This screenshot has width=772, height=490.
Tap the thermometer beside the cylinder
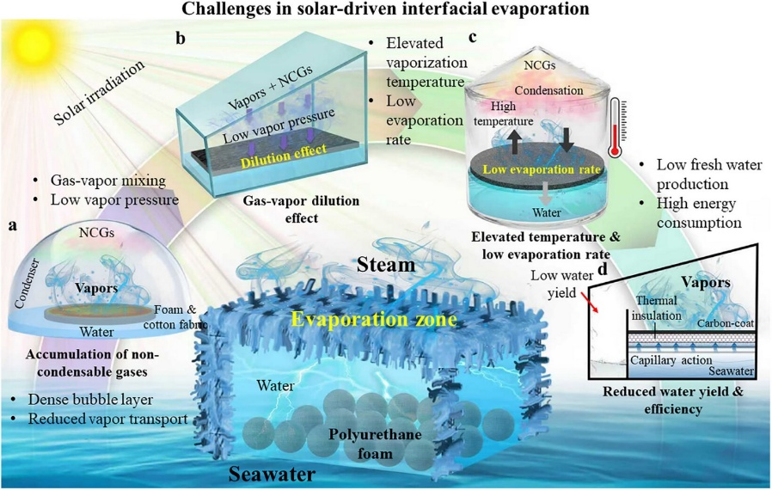click(x=616, y=128)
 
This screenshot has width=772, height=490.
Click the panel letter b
click(x=181, y=38)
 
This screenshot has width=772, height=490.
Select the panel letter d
click(x=602, y=269)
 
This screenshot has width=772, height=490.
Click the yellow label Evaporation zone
click(x=374, y=319)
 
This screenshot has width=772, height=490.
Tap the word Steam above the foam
click(x=387, y=265)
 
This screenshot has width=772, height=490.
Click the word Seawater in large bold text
click(x=272, y=474)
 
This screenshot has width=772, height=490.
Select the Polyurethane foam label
click(x=375, y=444)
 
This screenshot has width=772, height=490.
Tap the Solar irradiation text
click(x=99, y=92)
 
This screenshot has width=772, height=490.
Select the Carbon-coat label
click(x=726, y=323)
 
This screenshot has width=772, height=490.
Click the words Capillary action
click(x=671, y=360)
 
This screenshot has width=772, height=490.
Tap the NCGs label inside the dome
click(x=96, y=232)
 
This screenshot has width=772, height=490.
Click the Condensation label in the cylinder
click(x=549, y=90)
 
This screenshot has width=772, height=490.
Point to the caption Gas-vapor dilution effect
click(x=301, y=209)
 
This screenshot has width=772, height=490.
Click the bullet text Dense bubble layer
click(x=90, y=400)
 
